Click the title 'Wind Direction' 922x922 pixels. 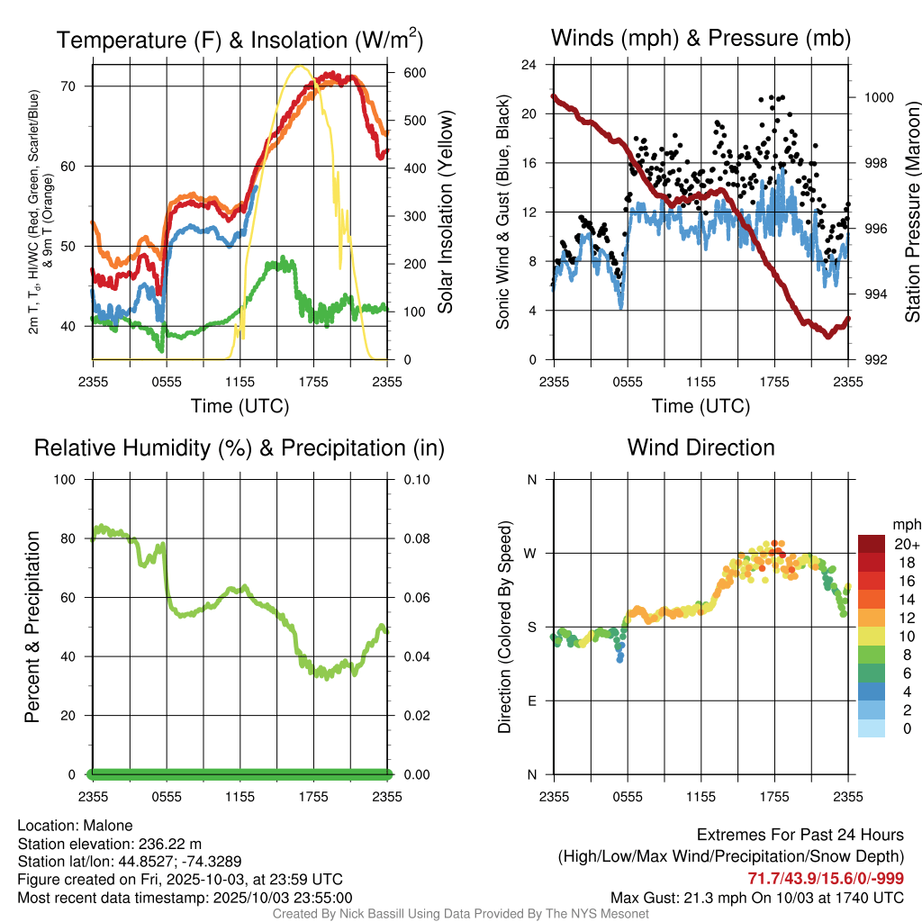click(x=701, y=447)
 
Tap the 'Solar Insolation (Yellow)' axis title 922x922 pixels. click(x=445, y=212)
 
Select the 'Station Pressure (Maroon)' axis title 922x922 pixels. click(x=911, y=212)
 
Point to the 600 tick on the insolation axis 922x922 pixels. click(x=402, y=73)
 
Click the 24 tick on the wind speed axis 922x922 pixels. click(x=530, y=65)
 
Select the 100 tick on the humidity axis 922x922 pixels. click(x=68, y=479)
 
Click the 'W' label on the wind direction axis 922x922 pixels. click(x=531, y=553)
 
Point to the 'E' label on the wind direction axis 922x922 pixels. click(x=531, y=701)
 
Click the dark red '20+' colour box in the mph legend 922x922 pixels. click(x=872, y=544)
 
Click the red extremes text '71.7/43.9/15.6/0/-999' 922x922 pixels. click(x=826, y=879)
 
